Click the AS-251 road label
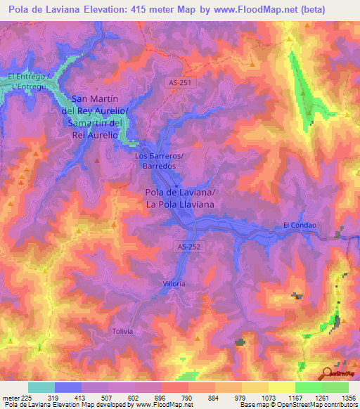click(179, 82)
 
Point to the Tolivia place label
click(122, 330)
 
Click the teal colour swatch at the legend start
click(41, 387)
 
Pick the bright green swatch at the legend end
click(335, 387)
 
